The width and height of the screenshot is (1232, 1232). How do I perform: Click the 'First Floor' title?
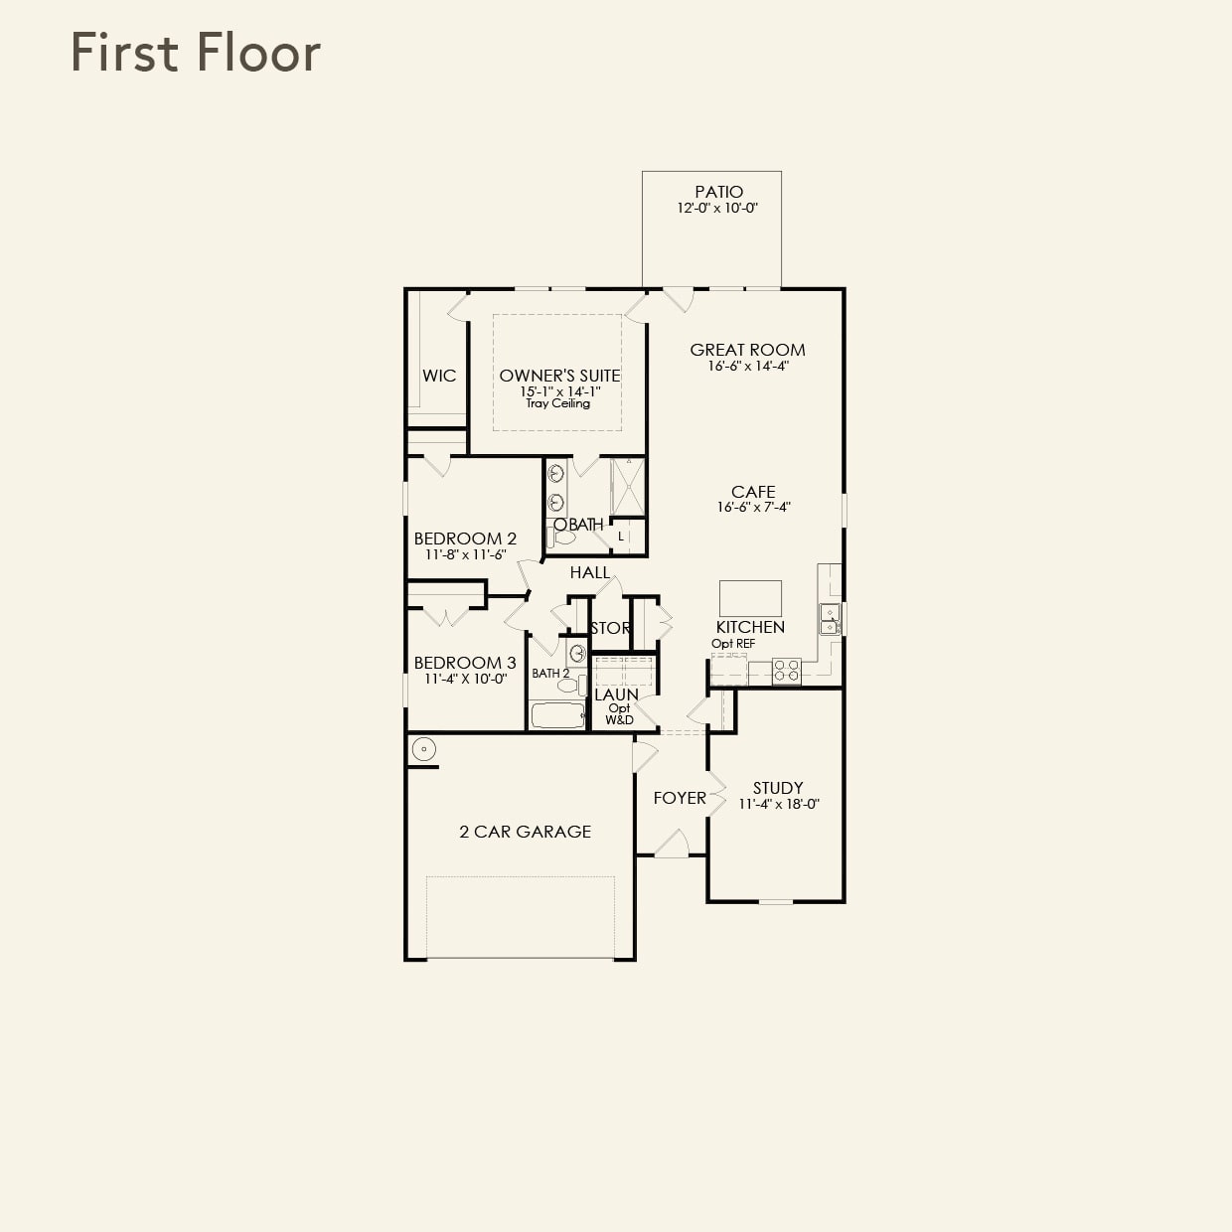pos(196,53)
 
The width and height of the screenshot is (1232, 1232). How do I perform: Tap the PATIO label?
pos(718,192)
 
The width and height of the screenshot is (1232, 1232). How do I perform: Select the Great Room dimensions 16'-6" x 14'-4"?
pos(747,366)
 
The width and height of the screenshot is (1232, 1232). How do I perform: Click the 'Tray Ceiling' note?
pos(557,403)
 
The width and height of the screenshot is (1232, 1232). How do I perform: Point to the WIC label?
pos(439,376)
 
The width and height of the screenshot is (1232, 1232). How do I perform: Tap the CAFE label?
pos(753,492)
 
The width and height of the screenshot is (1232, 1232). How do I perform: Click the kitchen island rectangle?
pos(750,598)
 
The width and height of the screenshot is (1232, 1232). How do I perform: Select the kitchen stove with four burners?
pos(787,671)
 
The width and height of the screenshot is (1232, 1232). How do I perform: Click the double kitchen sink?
pos(830,618)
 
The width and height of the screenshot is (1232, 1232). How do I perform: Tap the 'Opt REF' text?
pos(733,644)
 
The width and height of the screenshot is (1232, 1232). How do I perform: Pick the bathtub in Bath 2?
pos(557,715)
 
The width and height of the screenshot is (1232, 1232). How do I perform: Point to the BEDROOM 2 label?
pos(465,539)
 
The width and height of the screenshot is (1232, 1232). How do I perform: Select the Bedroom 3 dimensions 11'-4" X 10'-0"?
pos(465,680)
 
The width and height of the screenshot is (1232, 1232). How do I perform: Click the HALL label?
pos(590,572)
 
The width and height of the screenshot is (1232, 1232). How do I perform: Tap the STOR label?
pos(609,628)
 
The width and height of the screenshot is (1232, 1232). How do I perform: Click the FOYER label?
pos(680,798)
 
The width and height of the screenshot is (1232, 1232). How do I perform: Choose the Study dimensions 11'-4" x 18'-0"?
pos(778,805)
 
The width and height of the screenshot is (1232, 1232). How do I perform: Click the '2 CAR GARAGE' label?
pos(525,832)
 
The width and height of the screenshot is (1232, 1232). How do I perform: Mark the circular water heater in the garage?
pos(424,749)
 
